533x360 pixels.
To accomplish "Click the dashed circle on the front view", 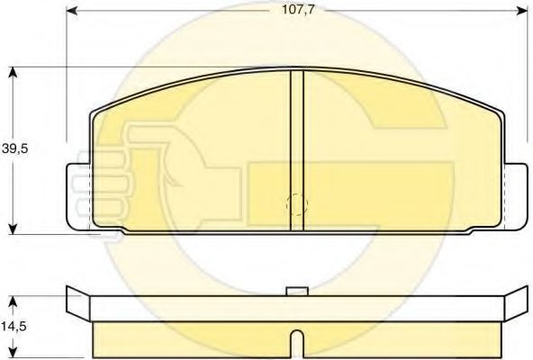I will pyautogui.click(x=296, y=204).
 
